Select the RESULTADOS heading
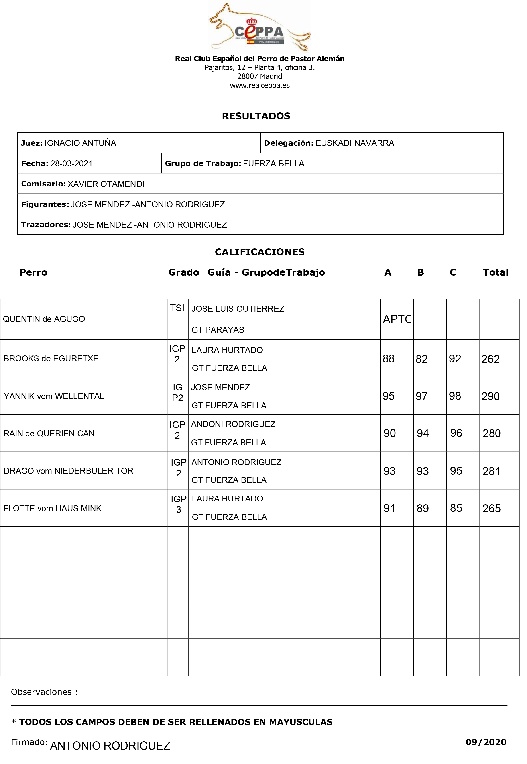tap(256, 116)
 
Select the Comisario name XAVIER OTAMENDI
tap(106, 184)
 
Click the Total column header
tap(495, 273)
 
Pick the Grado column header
tap(184, 273)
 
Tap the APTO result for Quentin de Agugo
tap(397, 319)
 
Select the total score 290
tap(490, 396)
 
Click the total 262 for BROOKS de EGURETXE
tap(490, 359)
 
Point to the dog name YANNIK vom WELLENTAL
tap(54, 396)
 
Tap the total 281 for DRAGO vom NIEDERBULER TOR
tap(491, 472)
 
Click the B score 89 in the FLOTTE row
tap(422, 509)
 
